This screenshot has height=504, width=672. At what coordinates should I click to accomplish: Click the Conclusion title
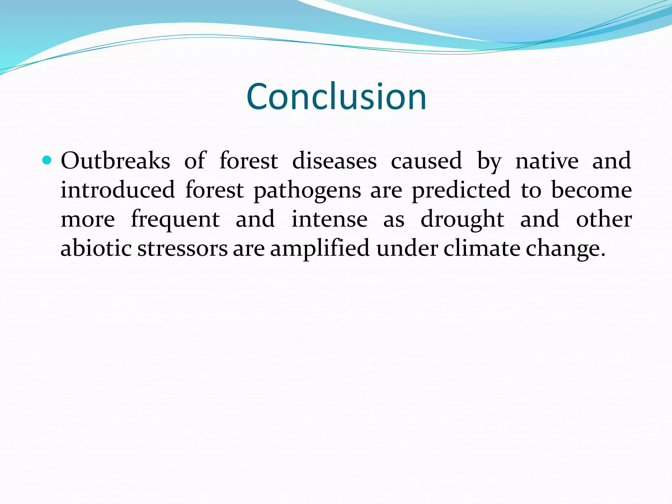(336, 96)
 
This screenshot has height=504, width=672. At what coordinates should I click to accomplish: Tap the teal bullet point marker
(47, 160)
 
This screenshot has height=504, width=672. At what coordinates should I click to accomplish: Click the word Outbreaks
(115, 161)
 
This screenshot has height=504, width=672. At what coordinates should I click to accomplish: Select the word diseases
(334, 161)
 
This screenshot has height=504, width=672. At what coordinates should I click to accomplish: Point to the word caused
(426, 161)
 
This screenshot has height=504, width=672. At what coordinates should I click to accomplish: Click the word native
(547, 161)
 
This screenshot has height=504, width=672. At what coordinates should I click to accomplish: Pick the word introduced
(117, 190)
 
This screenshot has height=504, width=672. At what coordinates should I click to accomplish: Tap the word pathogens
(307, 191)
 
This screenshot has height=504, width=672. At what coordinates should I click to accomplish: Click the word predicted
(461, 190)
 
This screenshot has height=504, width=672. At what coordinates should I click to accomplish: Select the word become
(591, 190)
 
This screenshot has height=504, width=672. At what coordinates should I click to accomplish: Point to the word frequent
(175, 219)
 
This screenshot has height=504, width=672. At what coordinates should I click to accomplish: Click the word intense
(329, 219)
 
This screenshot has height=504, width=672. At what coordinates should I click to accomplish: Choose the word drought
(462, 219)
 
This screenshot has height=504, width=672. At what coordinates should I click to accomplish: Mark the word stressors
(182, 249)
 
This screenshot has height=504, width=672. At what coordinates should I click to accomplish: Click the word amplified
(320, 249)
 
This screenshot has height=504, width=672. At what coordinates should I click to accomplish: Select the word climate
(482, 249)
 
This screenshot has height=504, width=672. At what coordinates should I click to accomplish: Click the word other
(604, 219)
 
